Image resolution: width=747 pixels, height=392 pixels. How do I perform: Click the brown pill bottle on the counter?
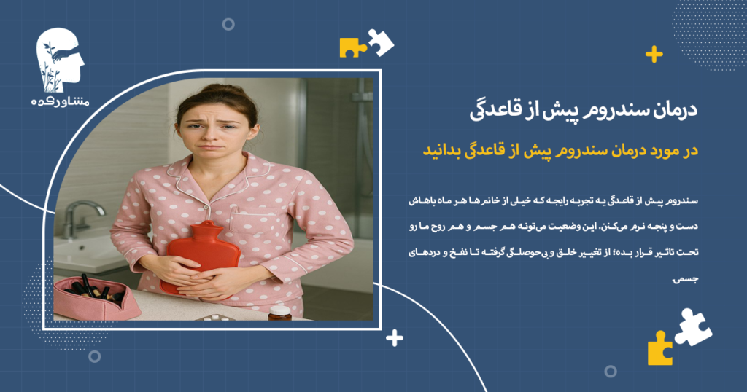(279, 313)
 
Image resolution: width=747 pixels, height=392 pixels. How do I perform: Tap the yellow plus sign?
(654, 55)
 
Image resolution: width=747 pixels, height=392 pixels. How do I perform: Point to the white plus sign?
(395, 338)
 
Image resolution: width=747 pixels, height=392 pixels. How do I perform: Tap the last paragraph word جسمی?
(686, 278)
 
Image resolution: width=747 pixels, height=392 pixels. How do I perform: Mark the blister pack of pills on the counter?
(213, 318)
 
